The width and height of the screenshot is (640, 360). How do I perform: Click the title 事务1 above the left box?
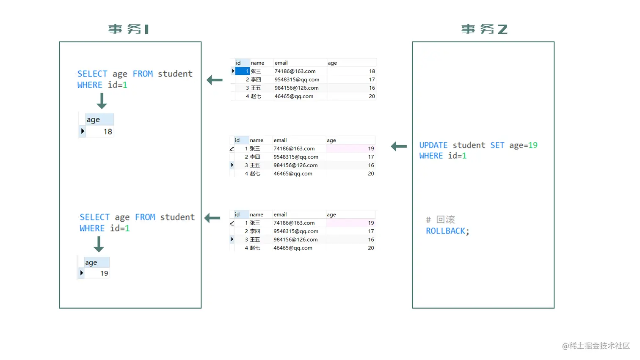tap(128, 29)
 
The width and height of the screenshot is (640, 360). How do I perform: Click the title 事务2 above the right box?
tap(484, 29)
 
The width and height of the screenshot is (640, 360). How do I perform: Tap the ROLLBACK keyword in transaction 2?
tap(446, 231)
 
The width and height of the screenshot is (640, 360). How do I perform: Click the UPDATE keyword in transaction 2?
tap(433, 145)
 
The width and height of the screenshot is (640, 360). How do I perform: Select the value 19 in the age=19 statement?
tap(533, 145)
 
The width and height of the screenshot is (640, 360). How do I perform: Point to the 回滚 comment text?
tap(445, 220)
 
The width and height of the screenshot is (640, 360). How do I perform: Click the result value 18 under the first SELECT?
tap(108, 132)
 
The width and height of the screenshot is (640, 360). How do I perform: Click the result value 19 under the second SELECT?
tap(104, 273)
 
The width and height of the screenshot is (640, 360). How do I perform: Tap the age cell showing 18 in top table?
tap(372, 71)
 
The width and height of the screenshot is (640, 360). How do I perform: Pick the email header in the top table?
tap(281, 63)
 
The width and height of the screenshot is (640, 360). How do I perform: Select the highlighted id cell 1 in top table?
tap(243, 71)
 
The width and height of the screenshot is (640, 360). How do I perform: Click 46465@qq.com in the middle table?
tap(293, 173)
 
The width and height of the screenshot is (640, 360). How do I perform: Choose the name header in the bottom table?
tap(257, 214)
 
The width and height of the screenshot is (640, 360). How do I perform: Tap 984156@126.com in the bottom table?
tap(295, 239)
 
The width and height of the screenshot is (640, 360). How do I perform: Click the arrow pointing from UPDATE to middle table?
tap(399, 146)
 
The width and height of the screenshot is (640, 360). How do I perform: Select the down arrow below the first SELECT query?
tap(102, 101)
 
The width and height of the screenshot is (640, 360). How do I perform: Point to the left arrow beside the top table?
tap(215, 80)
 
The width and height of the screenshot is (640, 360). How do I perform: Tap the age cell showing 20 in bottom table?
tap(371, 248)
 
